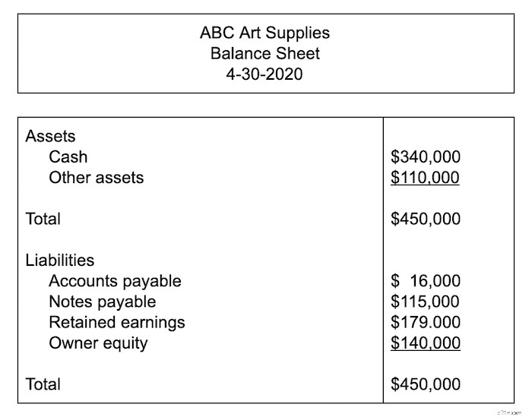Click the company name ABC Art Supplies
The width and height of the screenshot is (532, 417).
click(265, 33)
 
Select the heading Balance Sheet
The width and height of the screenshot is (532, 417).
click(265, 54)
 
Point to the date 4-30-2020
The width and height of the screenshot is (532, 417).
click(265, 74)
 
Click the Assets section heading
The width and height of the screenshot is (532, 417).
click(51, 137)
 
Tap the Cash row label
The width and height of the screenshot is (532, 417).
click(68, 157)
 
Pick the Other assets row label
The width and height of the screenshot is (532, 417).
click(96, 178)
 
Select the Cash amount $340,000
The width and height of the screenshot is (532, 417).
click(425, 157)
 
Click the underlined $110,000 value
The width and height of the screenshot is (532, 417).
click(425, 178)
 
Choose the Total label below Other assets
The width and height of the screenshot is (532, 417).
click(43, 219)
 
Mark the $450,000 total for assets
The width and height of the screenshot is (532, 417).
click(425, 219)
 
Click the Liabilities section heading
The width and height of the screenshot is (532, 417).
click(60, 261)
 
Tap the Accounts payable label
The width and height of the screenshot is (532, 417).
click(115, 281)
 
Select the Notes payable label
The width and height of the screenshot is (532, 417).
click(102, 302)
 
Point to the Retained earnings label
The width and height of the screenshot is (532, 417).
click(116, 322)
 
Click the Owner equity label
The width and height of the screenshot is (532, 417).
click(98, 343)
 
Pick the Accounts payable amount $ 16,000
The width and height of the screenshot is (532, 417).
click(425, 281)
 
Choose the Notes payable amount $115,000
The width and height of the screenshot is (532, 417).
click(425, 302)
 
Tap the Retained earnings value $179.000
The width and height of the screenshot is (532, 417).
click(425, 322)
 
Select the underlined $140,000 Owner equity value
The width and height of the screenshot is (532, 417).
click(425, 343)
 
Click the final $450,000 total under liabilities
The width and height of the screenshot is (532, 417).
click(425, 384)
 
